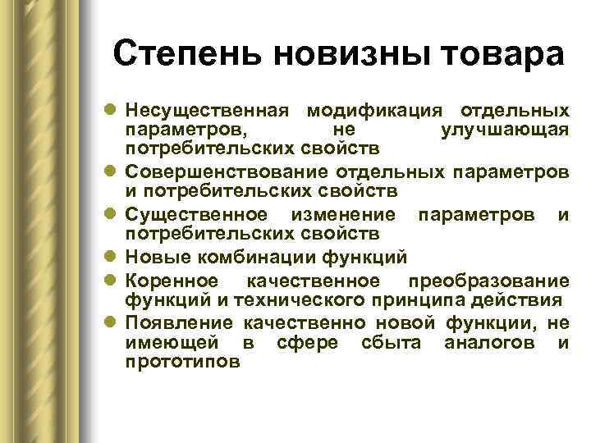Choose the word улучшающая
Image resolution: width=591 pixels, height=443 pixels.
click(505, 130)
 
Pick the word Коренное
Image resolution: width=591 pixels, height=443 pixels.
click(172, 280)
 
